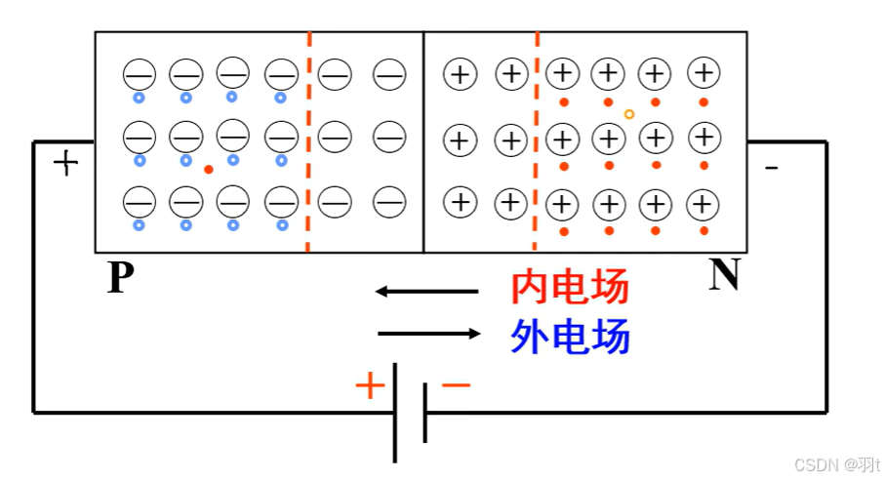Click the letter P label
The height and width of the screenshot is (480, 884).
[x=120, y=278]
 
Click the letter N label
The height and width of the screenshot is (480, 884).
[x=724, y=276]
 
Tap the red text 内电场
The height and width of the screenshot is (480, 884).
[x=570, y=289]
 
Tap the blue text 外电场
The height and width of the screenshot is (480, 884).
[x=570, y=337]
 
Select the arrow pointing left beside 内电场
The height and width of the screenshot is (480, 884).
[x=426, y=291]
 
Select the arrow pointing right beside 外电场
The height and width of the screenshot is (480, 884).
[x=429, y=334]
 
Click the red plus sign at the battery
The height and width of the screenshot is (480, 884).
[x=370, y=386]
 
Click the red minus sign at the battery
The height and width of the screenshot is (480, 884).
[x=456, y=385]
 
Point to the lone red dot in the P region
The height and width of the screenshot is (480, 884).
[x=209, y=170]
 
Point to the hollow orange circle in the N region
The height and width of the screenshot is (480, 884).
[x=629, y=114]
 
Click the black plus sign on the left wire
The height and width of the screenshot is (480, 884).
[x=65, y=161]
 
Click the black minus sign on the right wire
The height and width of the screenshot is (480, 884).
[x=771, y=169]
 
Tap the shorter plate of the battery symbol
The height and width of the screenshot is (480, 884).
[x=424, y=412]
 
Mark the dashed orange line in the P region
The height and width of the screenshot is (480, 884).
[x=308, y=141]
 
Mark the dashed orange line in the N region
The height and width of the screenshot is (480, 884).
[x=536, y=141]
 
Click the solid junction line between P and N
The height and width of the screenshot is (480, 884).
[x=422, y=141]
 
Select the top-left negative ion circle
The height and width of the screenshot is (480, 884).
[x=139, y=73]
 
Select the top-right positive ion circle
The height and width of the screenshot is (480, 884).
[x=703, y=72]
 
